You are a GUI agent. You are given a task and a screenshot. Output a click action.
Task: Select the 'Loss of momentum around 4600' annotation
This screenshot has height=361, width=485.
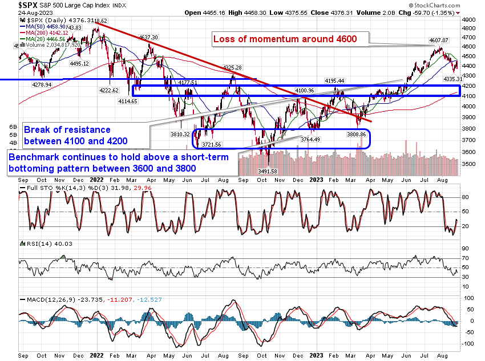click(x=285, y=39)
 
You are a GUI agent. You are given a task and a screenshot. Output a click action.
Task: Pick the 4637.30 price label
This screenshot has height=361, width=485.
click(x=148, y=37)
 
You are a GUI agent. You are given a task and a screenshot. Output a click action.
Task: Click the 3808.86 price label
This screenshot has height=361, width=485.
click(x=355, y=135)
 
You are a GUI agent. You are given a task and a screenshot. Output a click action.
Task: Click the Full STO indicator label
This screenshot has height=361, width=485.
click(x=33, y=188)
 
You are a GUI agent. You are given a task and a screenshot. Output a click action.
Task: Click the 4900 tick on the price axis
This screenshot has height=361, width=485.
click(x=468, y=19)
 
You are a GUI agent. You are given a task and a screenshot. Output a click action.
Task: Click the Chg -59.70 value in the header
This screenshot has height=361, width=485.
click(x=433, y=11)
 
